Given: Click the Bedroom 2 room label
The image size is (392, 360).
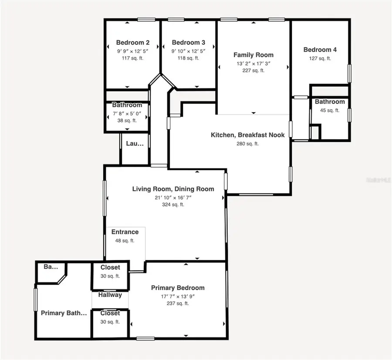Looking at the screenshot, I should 133,43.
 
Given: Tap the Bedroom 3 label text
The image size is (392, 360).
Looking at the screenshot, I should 189,43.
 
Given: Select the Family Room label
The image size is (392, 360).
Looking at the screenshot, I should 253,55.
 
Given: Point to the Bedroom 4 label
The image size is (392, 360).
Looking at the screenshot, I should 320,50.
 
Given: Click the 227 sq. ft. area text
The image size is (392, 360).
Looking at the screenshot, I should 253,71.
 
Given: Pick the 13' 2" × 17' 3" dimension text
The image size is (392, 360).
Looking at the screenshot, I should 253,64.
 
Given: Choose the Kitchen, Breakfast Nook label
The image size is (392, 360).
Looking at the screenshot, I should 248,135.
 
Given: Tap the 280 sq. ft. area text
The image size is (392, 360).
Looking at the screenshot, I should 247,144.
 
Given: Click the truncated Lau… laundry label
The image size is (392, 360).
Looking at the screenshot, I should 135,144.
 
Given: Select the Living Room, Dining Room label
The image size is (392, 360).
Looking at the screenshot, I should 173,189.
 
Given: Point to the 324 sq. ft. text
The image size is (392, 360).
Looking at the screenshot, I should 173,205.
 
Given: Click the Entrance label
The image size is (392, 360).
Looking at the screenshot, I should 125,232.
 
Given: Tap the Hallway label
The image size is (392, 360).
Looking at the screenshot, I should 110,295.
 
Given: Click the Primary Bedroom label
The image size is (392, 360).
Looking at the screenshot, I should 178,288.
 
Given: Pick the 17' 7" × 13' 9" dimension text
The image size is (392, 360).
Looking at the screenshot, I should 178,296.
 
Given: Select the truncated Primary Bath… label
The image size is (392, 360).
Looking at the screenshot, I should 64,313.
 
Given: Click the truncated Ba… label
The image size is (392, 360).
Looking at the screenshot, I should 51,267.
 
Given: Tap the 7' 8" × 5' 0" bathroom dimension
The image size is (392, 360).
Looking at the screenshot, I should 127,113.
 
